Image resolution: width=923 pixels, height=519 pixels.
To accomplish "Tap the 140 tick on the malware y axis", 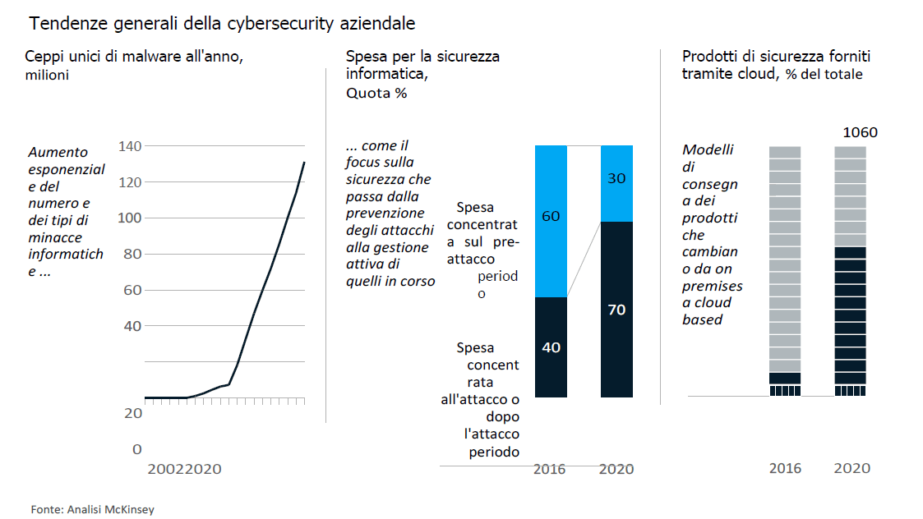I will click(131, 146).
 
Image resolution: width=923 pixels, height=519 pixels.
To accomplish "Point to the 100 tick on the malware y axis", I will click(131, 218).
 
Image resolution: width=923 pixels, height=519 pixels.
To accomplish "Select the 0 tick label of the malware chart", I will click(137, 449).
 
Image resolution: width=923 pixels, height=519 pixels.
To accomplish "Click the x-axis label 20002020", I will click(184, 470).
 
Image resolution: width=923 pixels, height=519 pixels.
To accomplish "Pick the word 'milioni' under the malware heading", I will click(46, 76).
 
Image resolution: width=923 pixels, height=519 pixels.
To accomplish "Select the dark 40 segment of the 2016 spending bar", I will click(551, 347).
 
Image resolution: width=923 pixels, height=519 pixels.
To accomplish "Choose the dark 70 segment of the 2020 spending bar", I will click(616, 310).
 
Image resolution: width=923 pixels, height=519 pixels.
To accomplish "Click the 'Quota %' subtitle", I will click(376, 94).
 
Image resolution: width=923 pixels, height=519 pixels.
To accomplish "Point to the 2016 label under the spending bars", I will click(550, 469).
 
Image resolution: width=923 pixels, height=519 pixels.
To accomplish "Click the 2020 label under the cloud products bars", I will click(851, 468).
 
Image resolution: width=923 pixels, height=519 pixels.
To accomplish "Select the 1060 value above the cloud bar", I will click(860, 132).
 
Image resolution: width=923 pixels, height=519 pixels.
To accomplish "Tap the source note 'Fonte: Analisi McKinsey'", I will click(92, 509).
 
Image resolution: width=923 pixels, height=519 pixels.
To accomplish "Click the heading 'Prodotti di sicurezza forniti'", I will click(776, 57).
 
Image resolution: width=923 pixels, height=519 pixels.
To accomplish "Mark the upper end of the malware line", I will click(304, 163).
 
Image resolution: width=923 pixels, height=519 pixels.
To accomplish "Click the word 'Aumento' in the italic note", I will click(58, 152).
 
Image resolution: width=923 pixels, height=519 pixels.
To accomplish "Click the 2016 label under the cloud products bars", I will click(785, 468).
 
